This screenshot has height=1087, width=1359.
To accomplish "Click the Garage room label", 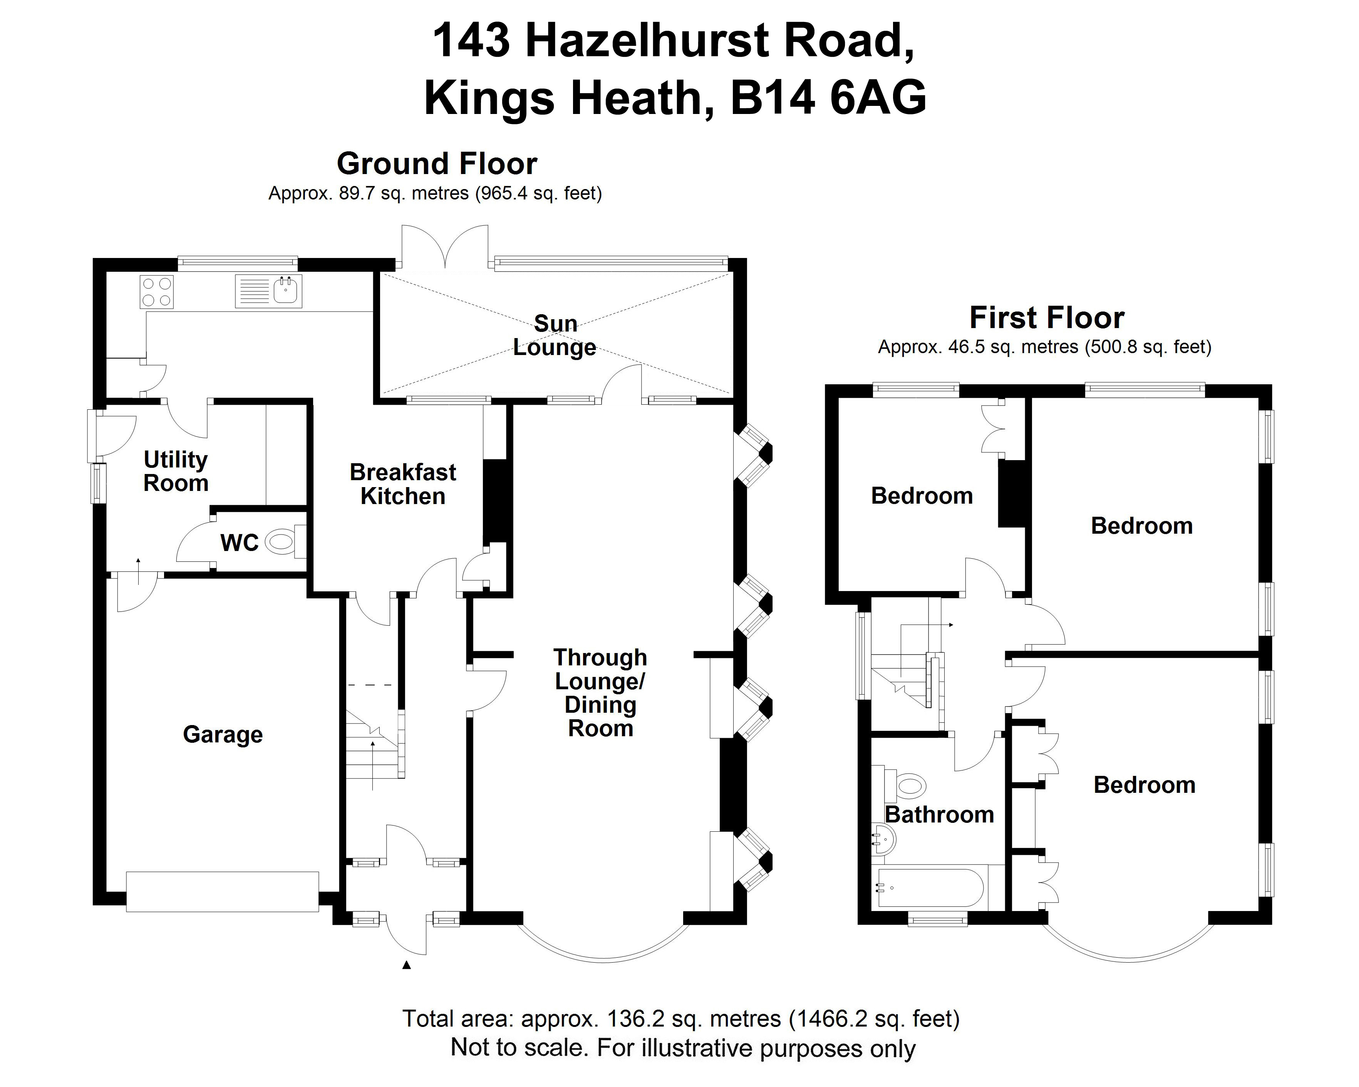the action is (x=223, y=735).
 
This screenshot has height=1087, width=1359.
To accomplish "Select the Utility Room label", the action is (x=176, y=471).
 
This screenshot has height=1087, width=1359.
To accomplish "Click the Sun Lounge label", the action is (x=555, y=335).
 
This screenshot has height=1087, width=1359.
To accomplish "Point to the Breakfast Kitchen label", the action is (x=403, y=484).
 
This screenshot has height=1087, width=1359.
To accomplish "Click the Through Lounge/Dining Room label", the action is (x=600, y=693).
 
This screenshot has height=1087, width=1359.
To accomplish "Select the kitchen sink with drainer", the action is (x=268, y=291).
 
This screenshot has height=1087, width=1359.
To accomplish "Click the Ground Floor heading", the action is (x=437, y=164).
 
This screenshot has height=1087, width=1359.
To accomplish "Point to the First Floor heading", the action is (x=1046, y=318).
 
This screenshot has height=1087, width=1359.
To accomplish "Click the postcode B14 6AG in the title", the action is (x=828, y=98).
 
